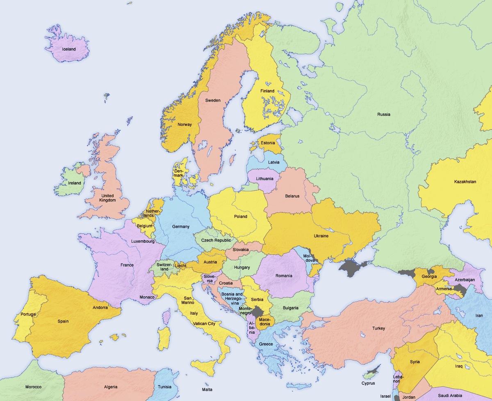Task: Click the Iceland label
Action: [x=68, y=49]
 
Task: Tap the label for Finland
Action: [x=267, y=91]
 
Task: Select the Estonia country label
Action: [x=268, y=143]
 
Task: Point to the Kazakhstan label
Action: [x=465, y=182]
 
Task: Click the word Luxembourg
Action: [x=143, y=242]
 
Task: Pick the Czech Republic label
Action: [x=216, y=240]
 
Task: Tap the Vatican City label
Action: [x=204, y=324]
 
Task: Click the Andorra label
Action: [x=100, y=307]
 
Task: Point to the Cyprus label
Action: [x=368, y=384]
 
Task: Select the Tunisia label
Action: [x=164, y=387]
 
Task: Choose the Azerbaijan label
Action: [x=464, y=280]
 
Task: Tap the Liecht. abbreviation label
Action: [x=181, y=266]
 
